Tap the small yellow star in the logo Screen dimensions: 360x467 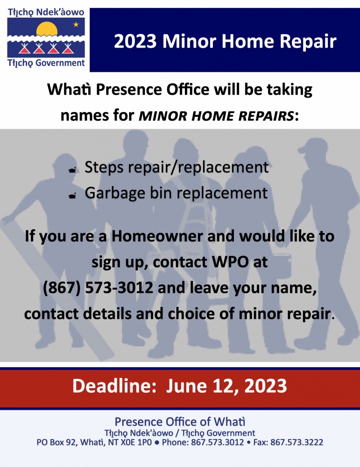(x=76, y=24)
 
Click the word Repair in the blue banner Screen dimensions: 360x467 (x=308, y=42)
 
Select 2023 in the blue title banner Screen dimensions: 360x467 (x=135, y=41)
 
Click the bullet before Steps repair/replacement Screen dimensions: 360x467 (x=72, y=170)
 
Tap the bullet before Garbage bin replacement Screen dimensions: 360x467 (x=72, y=195)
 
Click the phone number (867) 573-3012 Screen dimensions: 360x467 (x=98, y=288)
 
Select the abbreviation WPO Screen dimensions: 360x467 (x=230, y=262)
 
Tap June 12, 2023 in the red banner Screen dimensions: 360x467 (x=226, y=386)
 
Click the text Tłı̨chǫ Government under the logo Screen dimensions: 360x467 (x=46, y=63)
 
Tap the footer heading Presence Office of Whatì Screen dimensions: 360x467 (x=180, y=422)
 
